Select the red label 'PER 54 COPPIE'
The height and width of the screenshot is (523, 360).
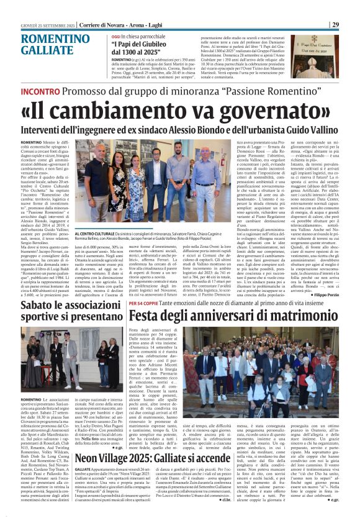tap(143, 302)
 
